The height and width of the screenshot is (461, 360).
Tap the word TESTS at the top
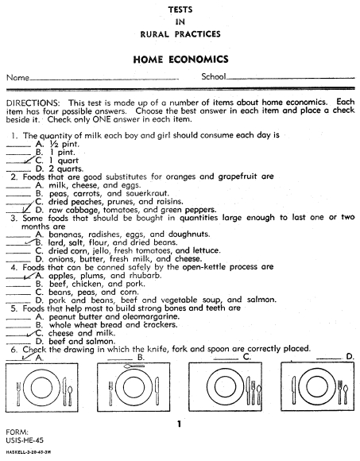[180, 8]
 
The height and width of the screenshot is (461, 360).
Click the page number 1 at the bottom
[180, 424]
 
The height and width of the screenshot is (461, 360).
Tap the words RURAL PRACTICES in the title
[180, 34]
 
